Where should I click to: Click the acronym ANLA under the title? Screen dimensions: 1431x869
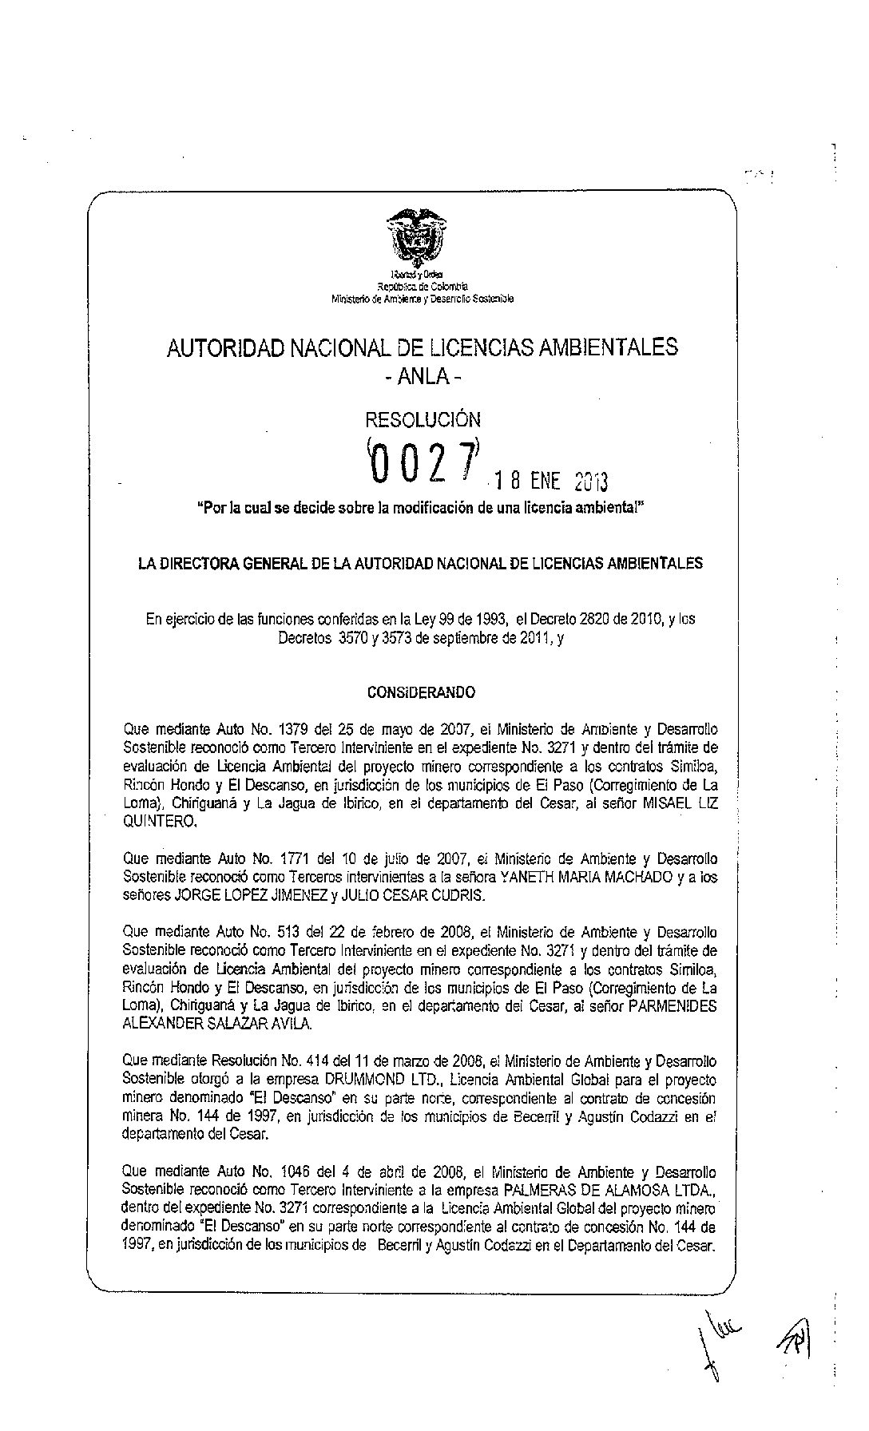point(423,375)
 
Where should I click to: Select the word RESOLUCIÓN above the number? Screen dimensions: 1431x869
point(423,419)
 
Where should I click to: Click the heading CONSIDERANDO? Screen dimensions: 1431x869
point(421,693)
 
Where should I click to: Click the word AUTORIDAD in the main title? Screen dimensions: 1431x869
point(224,347)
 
